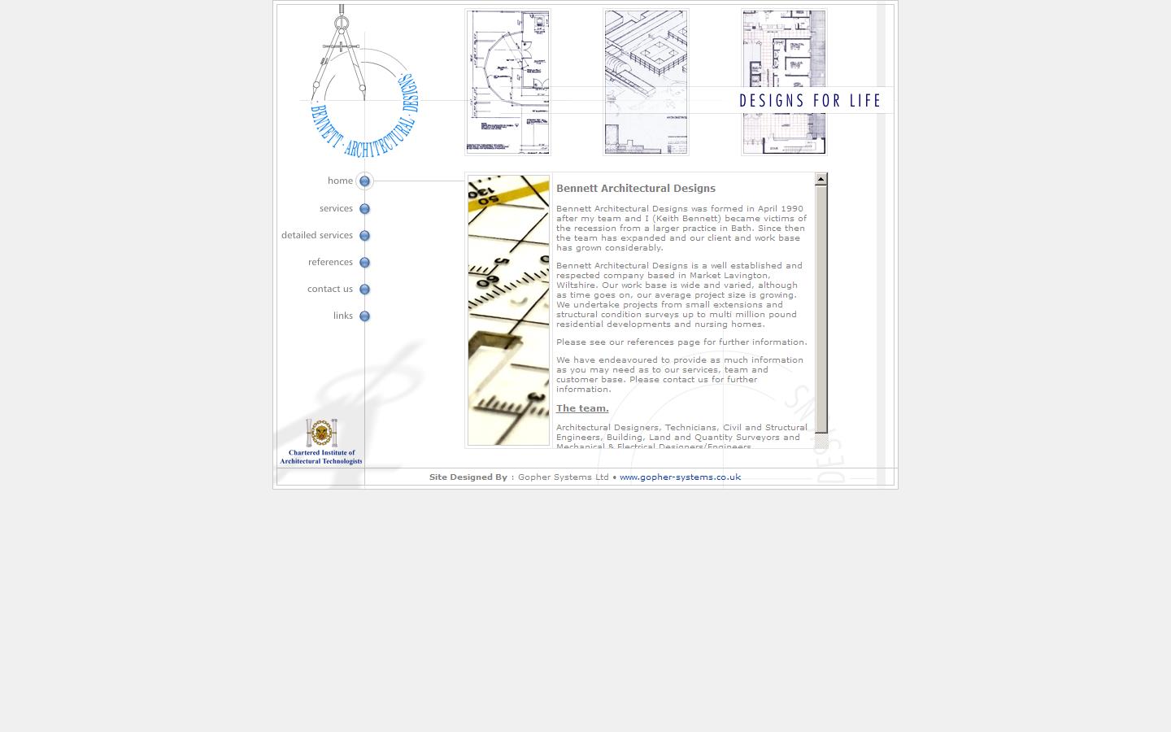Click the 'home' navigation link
[x=340, y=181]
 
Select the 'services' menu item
[x=336, y=208]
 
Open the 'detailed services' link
[x=317, y=235]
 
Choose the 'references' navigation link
[x=330, y=262]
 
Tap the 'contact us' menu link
[x=329, y=289]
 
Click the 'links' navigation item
[x=342, y=316]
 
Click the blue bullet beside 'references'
[x=364, y=263]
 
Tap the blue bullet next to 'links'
[x=364, y=316]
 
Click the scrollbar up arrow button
[x=821, y=179]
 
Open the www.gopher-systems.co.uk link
[x=680, y=477]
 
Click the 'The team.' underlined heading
[x=582, y=408]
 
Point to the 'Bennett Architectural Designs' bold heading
[x=635, y=188]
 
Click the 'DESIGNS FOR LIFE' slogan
[x=810, y=101]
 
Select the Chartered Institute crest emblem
[x=322, y=433]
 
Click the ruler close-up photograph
[x=508, y=310]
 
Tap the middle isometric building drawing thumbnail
[x=646, y=82]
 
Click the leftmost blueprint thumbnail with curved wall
[x=507, y=82]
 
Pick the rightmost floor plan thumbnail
[x=784, y=82]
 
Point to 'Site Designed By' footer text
[x=468, y=477]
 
